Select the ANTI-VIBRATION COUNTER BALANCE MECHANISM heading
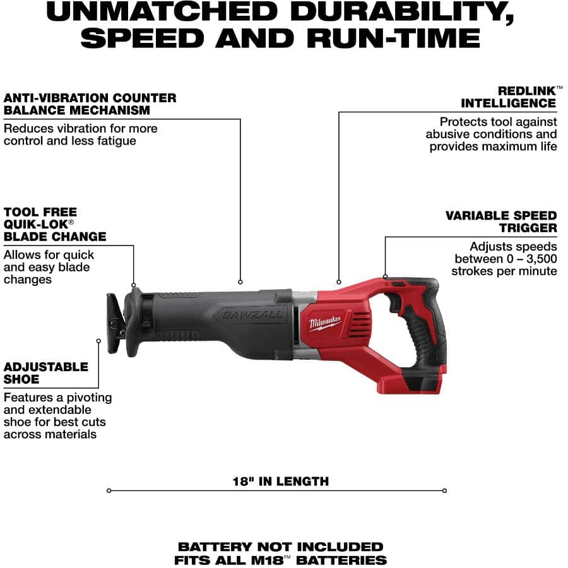(x=90, y=104)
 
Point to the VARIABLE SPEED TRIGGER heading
(x=501, y=222)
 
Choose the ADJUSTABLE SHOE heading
(x=45, y=373)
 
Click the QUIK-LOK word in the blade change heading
(x=38, y=225)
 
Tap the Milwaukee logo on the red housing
(x=325, y=323)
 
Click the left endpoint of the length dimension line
(x=109, y=490)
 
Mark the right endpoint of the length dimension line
(x=444, y=490)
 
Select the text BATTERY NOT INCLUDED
(x=280, y=547)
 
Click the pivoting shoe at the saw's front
(x=115, y=322)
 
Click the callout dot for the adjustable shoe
(x=98, y=341)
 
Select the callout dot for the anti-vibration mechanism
(x=240, y=281)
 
